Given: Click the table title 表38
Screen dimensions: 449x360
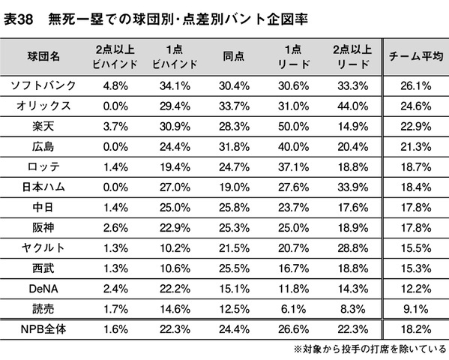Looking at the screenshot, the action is [18, 19].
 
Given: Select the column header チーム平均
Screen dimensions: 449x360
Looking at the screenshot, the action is [416, 56].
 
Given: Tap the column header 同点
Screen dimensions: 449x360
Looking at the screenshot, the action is [234, 56].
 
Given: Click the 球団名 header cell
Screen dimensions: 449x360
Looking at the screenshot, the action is [43, 56].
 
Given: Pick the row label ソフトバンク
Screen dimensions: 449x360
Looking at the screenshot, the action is [43, 85].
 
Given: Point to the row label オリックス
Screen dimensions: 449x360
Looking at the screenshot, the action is [43, 106].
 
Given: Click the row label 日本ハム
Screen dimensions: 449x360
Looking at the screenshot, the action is [43, 187].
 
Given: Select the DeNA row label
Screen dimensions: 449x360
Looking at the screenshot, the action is [43, 289].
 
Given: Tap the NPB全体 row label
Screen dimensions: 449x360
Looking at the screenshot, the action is [43, 329].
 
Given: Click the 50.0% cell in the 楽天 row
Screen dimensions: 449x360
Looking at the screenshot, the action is [294, 127].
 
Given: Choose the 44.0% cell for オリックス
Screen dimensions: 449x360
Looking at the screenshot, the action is [353, 106].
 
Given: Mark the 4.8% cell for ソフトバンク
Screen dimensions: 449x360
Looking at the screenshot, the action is [115, 85].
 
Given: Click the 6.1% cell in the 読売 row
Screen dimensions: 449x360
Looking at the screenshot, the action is [294, 309].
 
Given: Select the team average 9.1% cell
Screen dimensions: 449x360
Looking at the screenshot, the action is [416, 309].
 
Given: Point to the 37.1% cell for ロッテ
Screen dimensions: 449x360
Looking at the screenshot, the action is [294, 166].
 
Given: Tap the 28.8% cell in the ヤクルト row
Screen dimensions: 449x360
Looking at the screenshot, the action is [353, 248].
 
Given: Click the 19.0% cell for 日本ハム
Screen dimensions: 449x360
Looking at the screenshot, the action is [234, 187].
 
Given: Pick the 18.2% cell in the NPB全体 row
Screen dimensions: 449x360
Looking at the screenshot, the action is [416, 329].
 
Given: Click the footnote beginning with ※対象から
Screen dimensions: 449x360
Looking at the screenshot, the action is [370, 349].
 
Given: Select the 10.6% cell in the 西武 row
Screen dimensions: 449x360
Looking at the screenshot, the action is [175, 268].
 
